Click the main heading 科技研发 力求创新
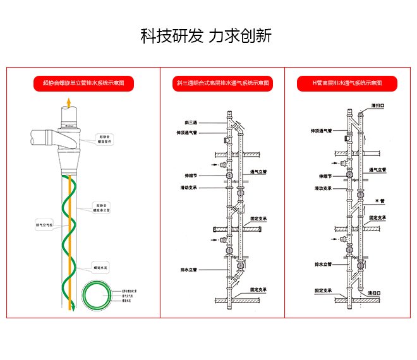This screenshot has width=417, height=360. click(206, 35)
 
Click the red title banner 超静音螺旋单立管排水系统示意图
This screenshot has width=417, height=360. click(83, 83)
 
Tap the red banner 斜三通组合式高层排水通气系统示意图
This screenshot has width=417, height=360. click(222, 83)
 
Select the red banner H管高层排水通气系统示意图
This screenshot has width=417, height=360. click(347, 83)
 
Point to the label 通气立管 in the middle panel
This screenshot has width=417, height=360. click(258, 171)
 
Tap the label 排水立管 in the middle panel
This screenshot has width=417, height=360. click(190, 270)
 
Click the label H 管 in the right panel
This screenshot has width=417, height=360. click(380, 200)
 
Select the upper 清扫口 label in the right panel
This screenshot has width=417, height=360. click(378, 105)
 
